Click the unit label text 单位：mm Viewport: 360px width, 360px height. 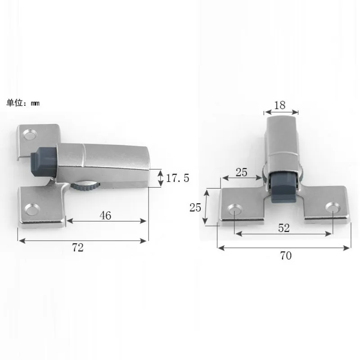coord(22,103)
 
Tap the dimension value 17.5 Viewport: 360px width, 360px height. coord(178,178)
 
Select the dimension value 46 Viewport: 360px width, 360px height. coord(105,215)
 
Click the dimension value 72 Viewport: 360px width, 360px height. coord(78,247)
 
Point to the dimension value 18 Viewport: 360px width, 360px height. coord(279,105)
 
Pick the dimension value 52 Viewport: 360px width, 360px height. coord(283,228)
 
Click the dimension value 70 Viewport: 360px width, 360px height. coord(286,256)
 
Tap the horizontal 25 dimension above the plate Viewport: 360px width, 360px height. coord(242,171)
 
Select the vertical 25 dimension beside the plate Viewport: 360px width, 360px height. coord(195,207)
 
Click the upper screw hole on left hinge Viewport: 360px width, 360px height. coord(31,135)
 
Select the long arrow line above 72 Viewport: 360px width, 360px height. coord(83,240)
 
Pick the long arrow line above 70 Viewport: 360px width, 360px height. coord(283,247)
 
